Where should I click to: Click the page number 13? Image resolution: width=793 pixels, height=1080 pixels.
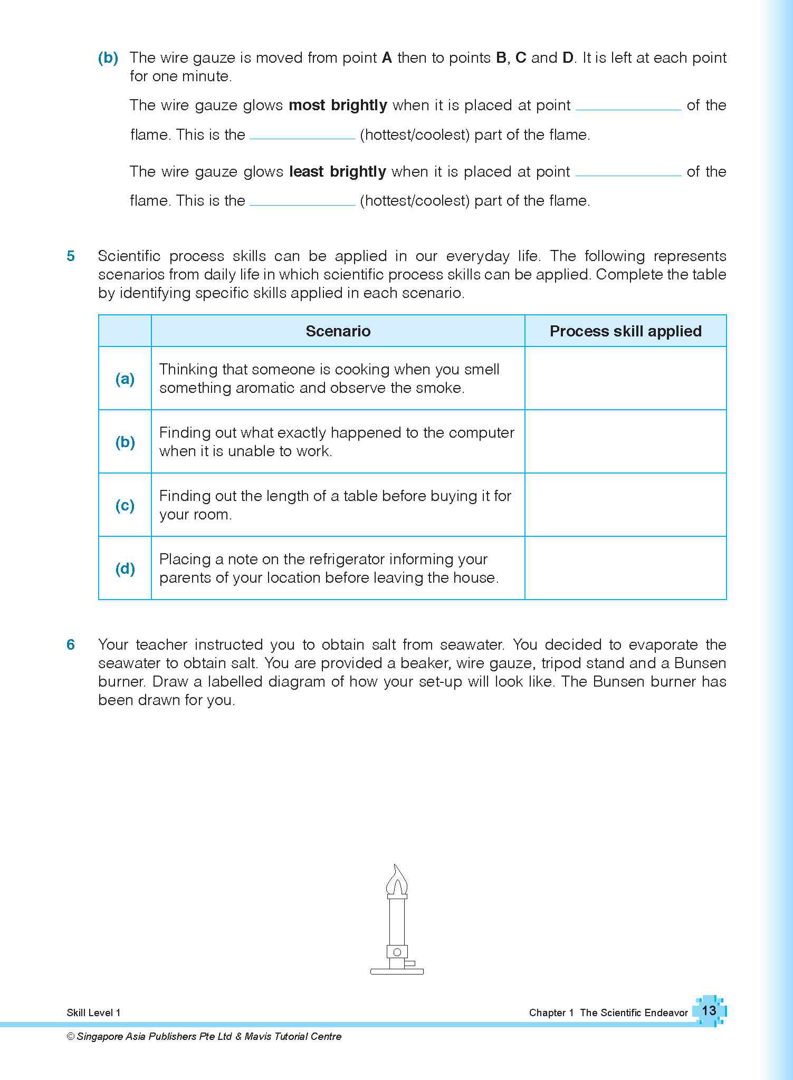(709, 1010)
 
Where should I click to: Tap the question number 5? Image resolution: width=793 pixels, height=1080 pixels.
(71, 256)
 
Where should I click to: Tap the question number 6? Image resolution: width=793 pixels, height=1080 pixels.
(71, 644)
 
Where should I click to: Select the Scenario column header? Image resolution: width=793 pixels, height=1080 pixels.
(338, 331)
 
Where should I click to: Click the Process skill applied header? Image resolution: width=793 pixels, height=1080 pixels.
(625, 331)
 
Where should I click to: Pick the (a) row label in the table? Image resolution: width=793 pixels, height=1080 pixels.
(125, 379)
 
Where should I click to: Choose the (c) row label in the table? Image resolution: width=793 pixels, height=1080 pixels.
(125, 505)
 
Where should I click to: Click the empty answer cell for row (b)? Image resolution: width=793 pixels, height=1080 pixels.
(625, 442)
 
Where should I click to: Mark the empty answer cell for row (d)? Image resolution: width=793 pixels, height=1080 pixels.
(625, 568)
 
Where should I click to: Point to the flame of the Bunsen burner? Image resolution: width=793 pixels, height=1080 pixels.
(397, 880)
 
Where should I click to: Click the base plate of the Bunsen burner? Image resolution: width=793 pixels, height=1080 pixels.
(397, 971)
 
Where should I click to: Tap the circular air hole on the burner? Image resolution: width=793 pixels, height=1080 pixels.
(397, 952)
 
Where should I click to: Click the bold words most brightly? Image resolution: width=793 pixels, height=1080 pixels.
(338, 105)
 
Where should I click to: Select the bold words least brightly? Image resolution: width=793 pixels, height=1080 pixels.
(338, 172)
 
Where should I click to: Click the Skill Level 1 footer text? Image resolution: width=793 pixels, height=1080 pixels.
(93, 1012)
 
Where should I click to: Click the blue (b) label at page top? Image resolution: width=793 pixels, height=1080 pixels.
(108, 58)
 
